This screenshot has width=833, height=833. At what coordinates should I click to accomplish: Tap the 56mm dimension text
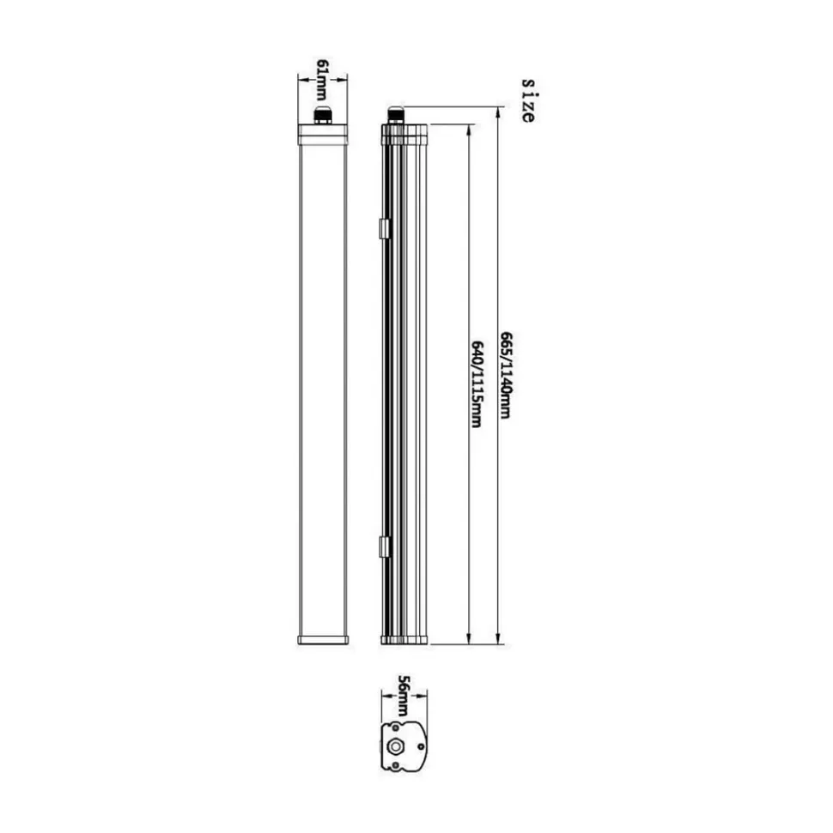403,696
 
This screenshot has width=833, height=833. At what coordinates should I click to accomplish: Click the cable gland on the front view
323,115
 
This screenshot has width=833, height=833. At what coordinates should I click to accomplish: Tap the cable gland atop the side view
396,115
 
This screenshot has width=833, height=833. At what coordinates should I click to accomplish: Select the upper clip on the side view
384,227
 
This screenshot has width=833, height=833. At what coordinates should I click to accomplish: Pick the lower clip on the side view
384,546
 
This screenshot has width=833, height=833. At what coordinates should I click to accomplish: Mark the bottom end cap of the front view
323,639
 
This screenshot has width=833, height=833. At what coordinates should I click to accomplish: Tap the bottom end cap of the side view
404,639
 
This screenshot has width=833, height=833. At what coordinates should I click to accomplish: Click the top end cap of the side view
404,133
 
